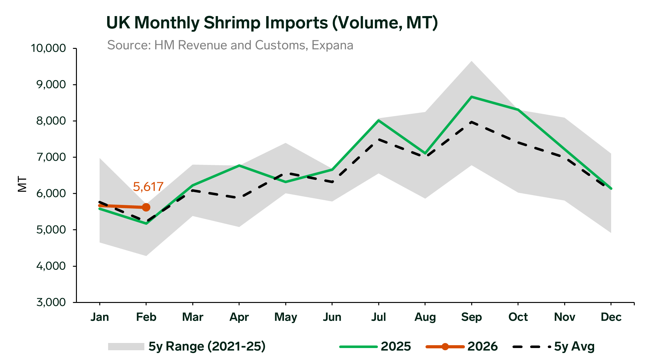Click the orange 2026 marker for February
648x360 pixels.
click(146, 207)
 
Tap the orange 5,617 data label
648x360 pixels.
click(148, 187)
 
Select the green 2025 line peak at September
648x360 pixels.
click(471, 97)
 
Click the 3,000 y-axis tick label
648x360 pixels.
click(51, 303)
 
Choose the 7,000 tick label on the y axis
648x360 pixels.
click(51, 157)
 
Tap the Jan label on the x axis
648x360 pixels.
click(100, 317)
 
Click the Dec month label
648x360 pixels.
click(611, 317)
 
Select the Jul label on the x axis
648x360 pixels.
click(378, 317)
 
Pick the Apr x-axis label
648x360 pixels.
click(239, 317)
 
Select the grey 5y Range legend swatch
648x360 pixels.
click(126, 346)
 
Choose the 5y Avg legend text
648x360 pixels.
click(574, 346)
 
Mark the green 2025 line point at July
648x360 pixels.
click(378, 120)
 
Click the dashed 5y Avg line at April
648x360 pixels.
click(239, 198)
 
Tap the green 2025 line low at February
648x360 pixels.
click(146, 224)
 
